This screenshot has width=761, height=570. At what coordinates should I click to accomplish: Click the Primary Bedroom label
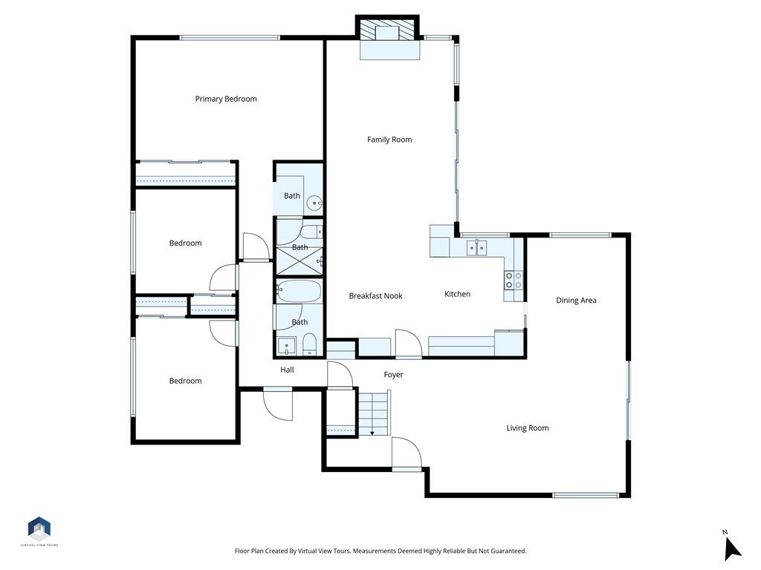point(226,99)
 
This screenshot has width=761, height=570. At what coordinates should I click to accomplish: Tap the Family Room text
point(389,140)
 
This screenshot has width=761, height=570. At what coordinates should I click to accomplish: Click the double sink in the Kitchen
point(476,246)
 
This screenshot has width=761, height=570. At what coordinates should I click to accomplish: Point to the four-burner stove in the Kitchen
point(514,280)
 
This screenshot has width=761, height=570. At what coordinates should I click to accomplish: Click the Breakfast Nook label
point(375,295)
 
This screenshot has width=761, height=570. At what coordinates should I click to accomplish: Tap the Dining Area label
point(576,301)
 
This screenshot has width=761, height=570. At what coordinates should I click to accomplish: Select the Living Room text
point(528,427)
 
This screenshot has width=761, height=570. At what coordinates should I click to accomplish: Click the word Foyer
point(393,375)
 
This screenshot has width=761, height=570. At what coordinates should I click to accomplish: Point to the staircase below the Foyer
point(373,413)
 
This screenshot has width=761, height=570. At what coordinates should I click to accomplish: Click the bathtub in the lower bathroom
point(299,291)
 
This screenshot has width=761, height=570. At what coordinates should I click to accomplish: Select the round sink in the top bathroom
point(315,200)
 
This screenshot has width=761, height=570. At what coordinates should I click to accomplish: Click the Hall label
point(287,370)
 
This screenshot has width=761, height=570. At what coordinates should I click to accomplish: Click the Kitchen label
point(457,294)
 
